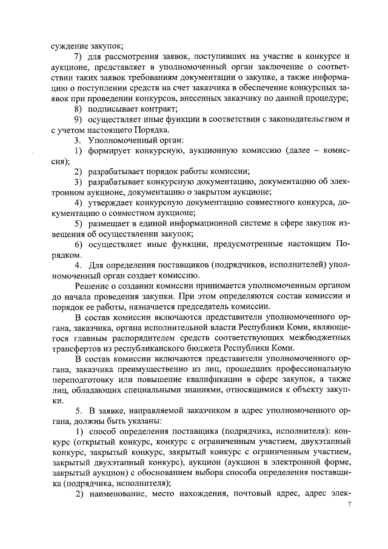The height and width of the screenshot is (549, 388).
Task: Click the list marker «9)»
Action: (79, 120)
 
